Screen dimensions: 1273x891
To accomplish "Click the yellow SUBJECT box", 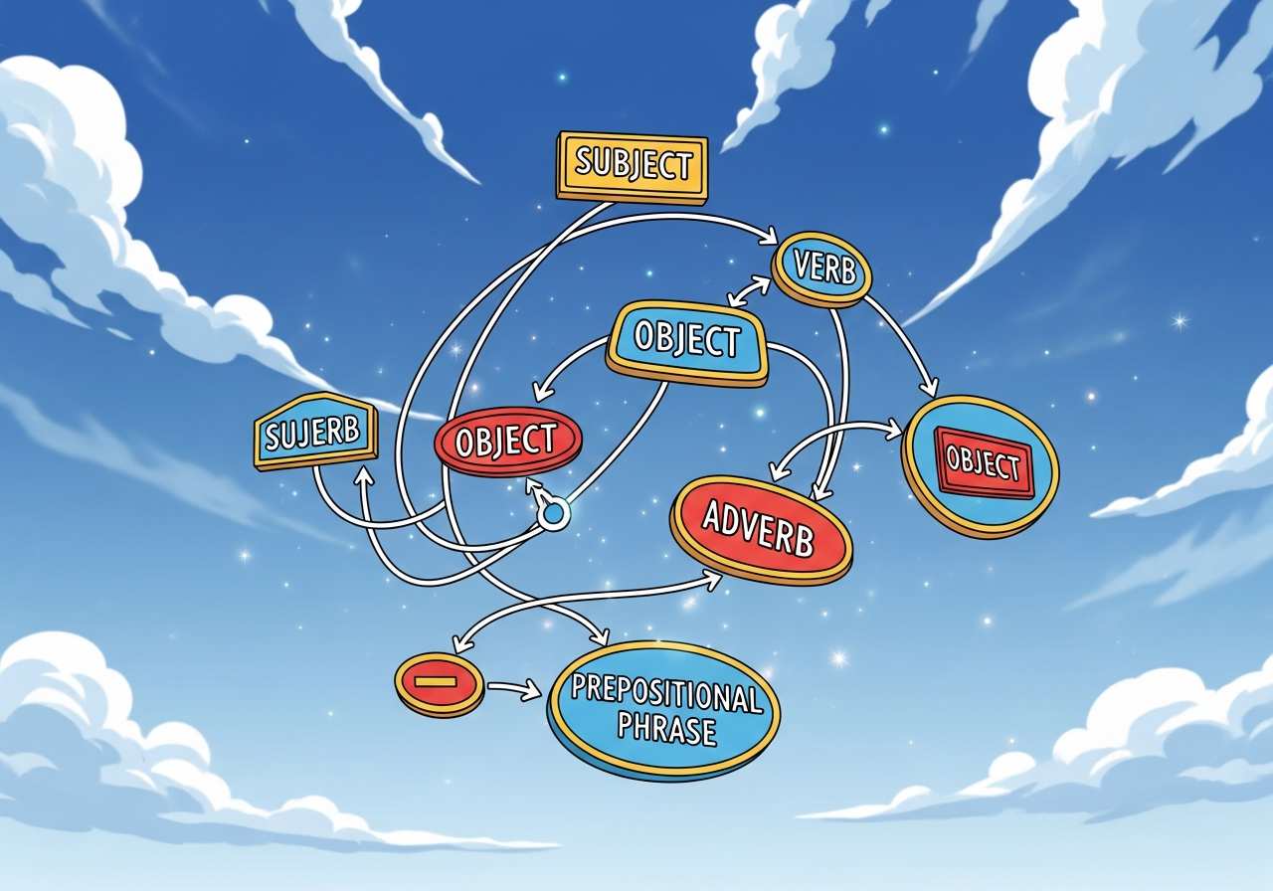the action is [632, 167].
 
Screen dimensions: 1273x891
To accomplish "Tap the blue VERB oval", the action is [821, 268].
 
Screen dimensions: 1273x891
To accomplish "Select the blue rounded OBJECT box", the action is [687, 343].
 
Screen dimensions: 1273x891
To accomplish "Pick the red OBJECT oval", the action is [508, 442].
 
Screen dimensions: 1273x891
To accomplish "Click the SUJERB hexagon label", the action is [315, 432].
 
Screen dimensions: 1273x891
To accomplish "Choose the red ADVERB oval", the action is [761, 530].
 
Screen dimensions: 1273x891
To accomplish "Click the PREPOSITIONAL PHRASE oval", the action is [663, 710].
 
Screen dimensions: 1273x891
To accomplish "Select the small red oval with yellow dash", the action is [439, 685].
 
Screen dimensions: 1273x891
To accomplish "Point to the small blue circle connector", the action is [553, 513].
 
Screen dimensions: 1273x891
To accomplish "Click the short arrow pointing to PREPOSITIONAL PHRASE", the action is [514, 689].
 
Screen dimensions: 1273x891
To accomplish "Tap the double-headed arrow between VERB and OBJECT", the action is [749, 292].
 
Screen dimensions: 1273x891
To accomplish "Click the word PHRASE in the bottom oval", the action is [666, 730].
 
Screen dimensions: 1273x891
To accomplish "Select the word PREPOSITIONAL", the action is [666, 693].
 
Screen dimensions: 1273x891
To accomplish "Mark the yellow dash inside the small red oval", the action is [436, 681].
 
